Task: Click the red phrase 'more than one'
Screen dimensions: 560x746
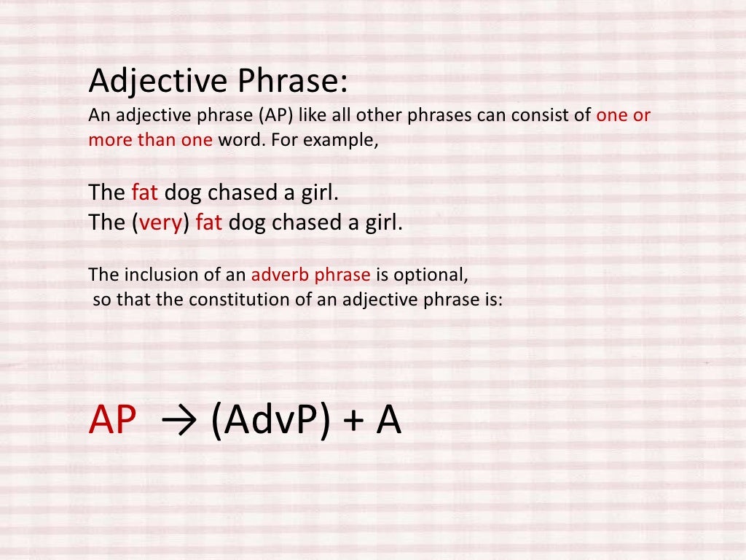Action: (x=150, y=140)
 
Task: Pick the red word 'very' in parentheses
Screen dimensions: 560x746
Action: (x=161, y=222)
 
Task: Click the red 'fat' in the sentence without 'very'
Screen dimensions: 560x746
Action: (x=144, y=193)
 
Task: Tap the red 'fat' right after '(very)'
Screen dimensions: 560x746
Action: (x=208, y=222)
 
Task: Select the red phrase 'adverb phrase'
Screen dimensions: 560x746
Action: (x=311, y=275)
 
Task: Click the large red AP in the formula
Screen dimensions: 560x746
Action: (x=112, y=421)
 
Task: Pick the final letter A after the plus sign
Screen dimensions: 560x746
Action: (x=388, y=421)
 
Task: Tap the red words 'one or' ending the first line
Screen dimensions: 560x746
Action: (x=623, y=116)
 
